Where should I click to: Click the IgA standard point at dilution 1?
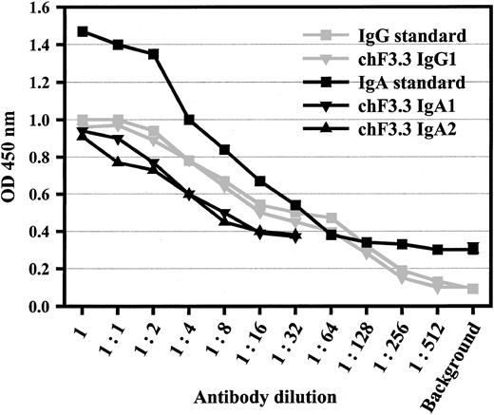(x=84, y=31)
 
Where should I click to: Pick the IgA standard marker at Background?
(x=471, y=250)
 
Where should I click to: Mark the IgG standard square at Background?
(x=472, y=288)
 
